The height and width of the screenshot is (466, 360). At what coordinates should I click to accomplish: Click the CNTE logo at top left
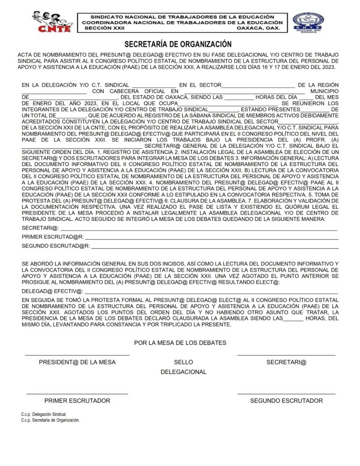(52, 22)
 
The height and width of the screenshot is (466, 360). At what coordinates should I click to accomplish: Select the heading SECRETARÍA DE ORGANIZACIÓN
(178, 45)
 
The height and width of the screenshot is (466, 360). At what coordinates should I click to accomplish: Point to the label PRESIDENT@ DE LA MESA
(77, 362)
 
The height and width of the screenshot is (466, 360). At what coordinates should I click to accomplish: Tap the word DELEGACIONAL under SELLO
(183, 372)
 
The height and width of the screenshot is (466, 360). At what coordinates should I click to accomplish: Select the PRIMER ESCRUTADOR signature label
(77, 401)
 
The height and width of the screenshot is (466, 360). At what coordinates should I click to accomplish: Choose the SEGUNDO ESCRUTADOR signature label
(286, 401)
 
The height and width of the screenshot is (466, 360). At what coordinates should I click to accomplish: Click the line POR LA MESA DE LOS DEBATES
(180, 343)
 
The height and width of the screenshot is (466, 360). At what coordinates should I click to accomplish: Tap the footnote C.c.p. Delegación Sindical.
(44, 414)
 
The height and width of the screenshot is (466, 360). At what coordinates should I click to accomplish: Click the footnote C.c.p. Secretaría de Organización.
(51, 421)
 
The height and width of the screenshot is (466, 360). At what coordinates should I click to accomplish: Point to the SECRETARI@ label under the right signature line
(286, 362)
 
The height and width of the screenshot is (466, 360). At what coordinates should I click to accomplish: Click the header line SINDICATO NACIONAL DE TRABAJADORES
(182, 16)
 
